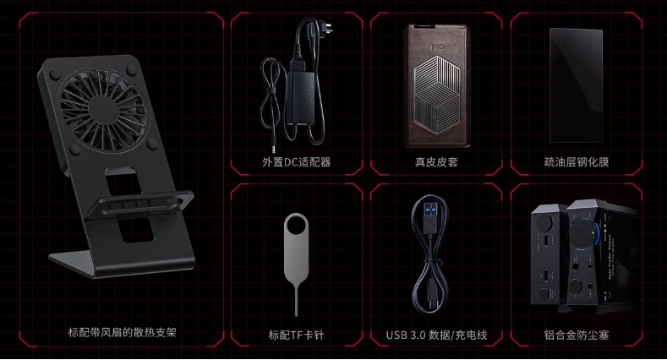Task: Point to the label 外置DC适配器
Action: tap(296, 161)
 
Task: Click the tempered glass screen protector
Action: tap(576, 84)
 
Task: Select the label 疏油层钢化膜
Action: tap(576, 161)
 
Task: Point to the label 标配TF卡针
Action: tap(296, 334)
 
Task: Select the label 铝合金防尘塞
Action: tap(576, 334)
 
